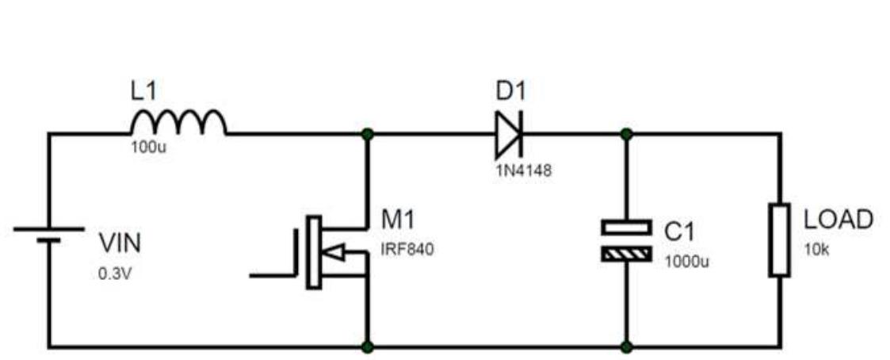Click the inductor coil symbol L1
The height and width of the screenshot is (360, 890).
pyautogui.click(x=178, y=123)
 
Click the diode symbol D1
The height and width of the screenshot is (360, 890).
pyautogui.click(x=508, y=135)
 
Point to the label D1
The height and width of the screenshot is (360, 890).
pyautogui.click(x=511, y=91)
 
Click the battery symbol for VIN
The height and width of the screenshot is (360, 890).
pyautogui.click(x=49, y=235)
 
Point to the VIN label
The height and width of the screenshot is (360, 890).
pyautogui.click(x=119, y=243)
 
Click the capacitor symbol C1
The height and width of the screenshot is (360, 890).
pyautogui.click(x=626, y=240)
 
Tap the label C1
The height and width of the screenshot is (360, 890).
pyautogui.click(x=679, y=232)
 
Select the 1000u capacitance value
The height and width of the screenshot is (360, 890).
pyautogui.click(x=686, y=261)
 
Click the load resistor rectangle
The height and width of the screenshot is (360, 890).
pyautogui.click(x=780, y=239)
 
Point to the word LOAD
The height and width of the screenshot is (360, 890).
pyautogui.click(x=838, y=220)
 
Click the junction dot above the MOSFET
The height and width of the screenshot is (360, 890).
pyautogui.click(x=368, y=134)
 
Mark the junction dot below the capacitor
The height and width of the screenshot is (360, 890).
pyautogui.click(x=626, y=347)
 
